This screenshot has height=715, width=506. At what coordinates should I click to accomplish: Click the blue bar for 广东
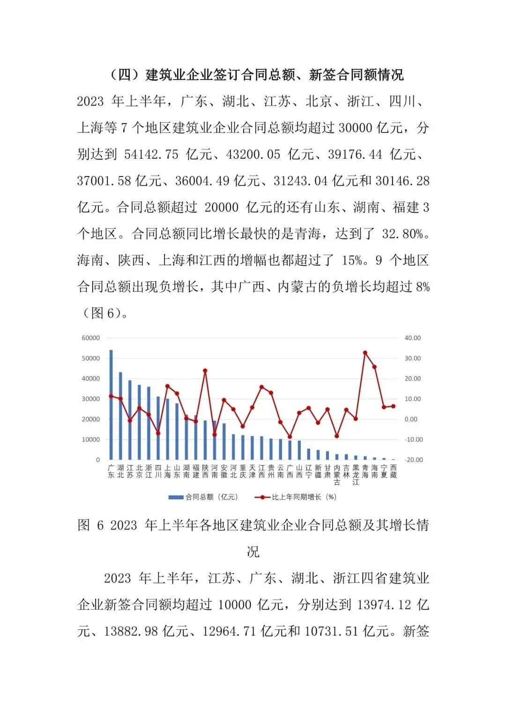[111, 405]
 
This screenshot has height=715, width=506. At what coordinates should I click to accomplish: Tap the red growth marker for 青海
[365, 353]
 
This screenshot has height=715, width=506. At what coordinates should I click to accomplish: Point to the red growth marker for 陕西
[205, 371]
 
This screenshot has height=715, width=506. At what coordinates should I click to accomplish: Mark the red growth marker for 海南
[374, 367]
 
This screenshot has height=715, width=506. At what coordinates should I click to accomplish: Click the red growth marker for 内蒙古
[337, 436]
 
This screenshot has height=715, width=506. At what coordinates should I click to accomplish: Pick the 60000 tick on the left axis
[91, 338]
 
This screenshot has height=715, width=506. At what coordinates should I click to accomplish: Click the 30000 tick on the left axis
[91, 399]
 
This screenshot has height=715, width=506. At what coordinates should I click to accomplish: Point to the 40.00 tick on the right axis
[413, 338]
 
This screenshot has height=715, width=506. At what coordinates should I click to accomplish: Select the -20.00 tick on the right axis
[413, 460]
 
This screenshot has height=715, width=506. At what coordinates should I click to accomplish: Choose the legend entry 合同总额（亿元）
[203, 497]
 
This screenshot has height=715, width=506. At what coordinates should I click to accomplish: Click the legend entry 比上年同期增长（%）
[296, 497]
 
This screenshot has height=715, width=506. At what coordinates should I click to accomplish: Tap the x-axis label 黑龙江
[356, 474]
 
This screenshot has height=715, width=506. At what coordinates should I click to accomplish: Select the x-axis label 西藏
[393, 471]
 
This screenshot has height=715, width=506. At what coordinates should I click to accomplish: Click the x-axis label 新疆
[318, 471]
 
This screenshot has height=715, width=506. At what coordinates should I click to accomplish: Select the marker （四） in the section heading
[126, 75]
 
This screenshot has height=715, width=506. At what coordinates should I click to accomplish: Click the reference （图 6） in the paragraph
[103, 314]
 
